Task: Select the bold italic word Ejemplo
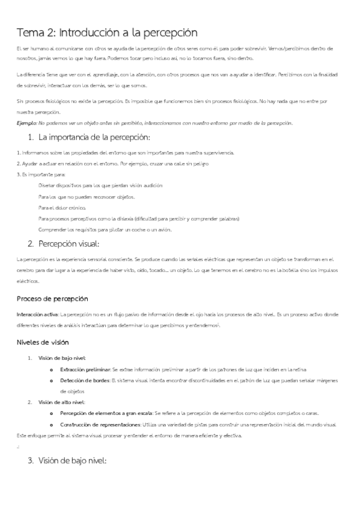tap(28, 123)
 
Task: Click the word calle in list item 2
tap(169, 163)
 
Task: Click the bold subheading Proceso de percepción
tap(52, 298)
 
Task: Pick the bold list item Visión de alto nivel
tap(62, 402)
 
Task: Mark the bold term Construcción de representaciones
tap(100, 424)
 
